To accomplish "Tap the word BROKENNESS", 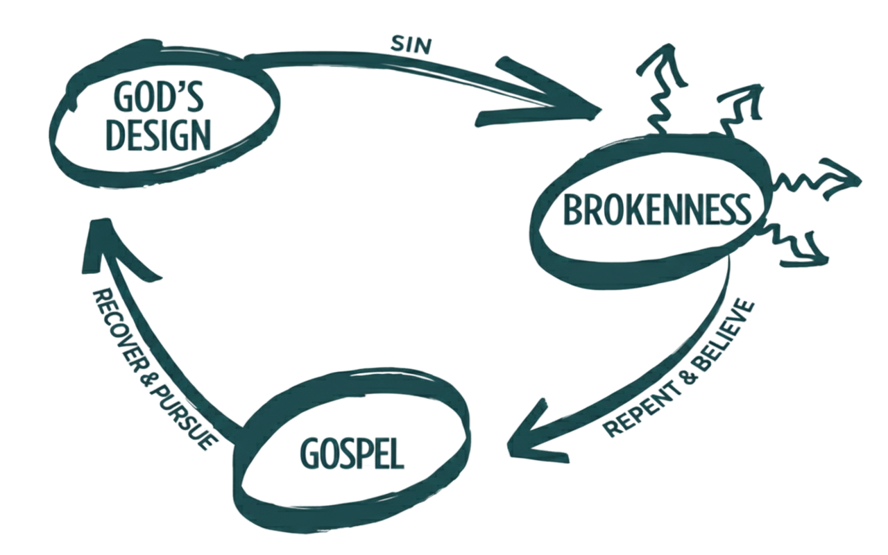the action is click(x=659, y=210).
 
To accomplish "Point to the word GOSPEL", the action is click(x=350, y=454).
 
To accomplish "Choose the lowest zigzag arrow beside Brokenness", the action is click(x=801, y=250).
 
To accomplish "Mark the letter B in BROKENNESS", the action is click(x=576, y=210).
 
